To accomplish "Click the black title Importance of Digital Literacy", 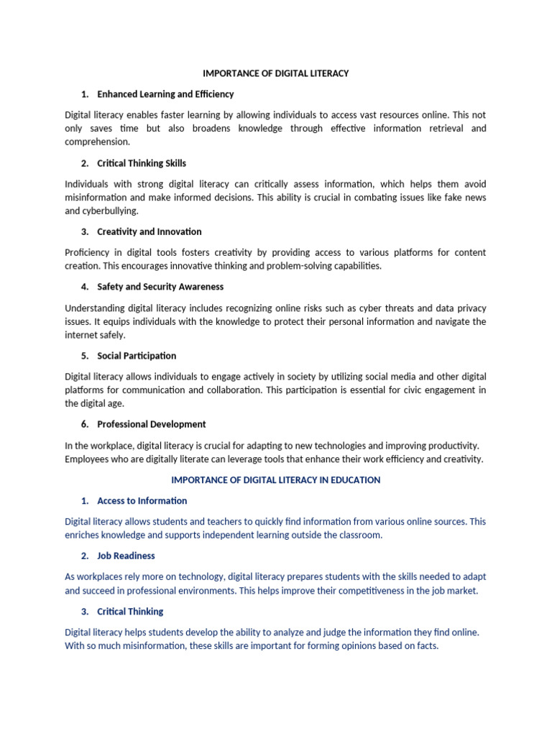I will (275, 73).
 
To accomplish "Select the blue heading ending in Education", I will (275, 479).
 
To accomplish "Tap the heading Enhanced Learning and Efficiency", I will (165, 94).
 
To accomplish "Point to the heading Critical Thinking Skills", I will (142, 163).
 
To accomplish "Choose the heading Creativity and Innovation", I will (149, 231).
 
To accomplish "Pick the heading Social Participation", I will (137, 356).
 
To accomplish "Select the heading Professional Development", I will (152, 424).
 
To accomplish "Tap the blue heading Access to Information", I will (142, 501).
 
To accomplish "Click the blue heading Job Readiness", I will (126, 556).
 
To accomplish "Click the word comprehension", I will (97, 142).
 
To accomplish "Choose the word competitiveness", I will (362, 591).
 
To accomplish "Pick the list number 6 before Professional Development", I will (84, 424).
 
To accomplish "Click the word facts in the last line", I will (424, 645).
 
